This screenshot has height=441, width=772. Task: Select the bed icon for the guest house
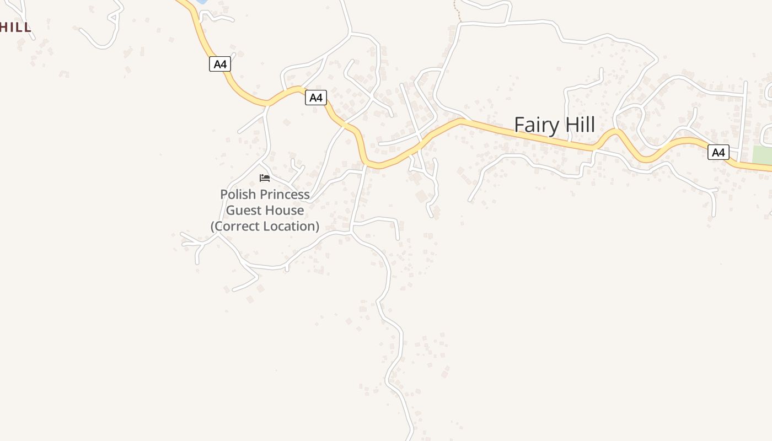[265, 178]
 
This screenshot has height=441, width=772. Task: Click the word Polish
[238, 195]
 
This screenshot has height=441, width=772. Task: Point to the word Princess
[285, 195]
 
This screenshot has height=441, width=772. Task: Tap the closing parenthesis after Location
[317, 227]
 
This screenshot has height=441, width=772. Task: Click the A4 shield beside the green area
[718, 152]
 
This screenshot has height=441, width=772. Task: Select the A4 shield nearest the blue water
[220, 64]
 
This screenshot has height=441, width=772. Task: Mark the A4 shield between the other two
[315, 98]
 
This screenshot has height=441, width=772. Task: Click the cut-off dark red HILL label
[15, 27]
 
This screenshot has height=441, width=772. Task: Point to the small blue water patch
[202, 2]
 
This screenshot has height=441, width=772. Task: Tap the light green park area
[762, 155]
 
